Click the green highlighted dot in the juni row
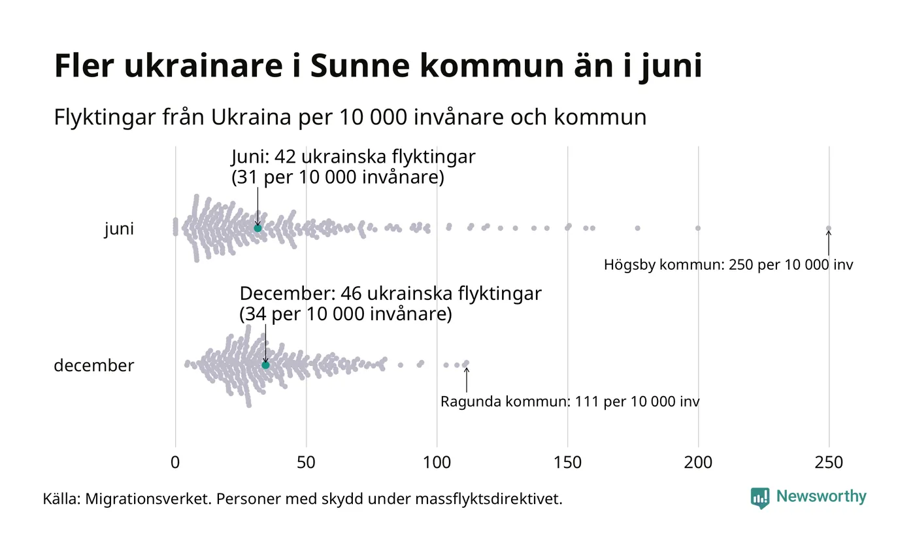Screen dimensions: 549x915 258,228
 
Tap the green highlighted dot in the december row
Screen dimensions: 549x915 265,365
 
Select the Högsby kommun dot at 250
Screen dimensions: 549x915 829,228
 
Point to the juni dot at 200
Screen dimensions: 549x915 698,228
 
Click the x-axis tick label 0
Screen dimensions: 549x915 175,463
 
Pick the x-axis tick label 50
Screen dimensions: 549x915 306,463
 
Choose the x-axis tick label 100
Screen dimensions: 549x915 437,463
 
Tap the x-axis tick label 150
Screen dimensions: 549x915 567,463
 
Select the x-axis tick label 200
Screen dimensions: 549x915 698,463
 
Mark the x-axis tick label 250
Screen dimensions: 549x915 829,463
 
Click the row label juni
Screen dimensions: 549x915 119,229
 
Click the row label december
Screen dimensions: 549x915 93,365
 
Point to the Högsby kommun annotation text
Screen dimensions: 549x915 728,265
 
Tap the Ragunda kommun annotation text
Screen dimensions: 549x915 569,401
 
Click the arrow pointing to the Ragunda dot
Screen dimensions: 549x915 466,380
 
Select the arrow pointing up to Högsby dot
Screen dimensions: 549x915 829,242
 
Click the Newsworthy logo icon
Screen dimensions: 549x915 760,498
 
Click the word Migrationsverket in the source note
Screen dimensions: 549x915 148,499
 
